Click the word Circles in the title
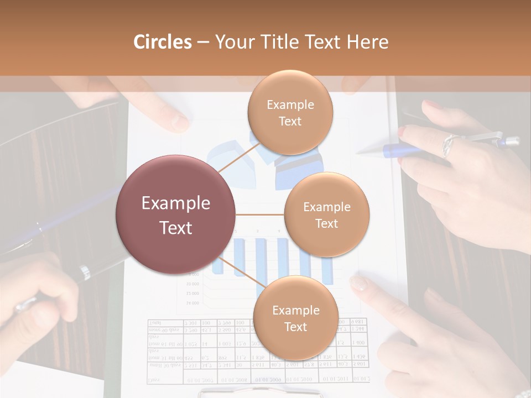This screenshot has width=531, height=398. (162, 42)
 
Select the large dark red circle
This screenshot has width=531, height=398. (176, 215)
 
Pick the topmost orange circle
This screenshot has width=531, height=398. (290, 113)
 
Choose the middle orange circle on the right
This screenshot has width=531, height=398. (326, 215)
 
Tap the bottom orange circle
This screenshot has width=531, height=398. (295, 318)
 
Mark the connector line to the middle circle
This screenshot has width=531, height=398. (260, 214)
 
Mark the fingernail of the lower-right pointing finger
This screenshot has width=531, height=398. (358, 284)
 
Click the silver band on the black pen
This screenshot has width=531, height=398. (84, 271)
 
